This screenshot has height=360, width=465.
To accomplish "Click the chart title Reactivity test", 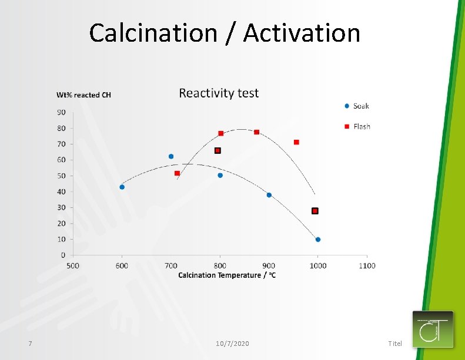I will click(219, 93).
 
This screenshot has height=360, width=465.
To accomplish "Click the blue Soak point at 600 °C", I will click(122, 187).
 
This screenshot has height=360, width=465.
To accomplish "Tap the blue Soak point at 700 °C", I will click(171, 156).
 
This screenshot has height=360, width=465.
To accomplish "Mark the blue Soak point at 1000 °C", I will click(318, 240).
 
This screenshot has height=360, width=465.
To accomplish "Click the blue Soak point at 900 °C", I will click(269, 195).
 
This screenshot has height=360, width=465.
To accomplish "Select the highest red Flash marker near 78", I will click(256, 132).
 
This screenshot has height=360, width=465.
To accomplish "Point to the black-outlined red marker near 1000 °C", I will click(315, 211).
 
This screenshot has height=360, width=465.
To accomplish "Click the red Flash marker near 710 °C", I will click(177, 173).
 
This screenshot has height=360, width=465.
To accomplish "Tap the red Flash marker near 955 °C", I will click(296, 142).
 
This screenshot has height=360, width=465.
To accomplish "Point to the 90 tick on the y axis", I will click(61, 112).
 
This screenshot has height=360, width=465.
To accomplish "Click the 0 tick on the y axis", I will click(63, 255).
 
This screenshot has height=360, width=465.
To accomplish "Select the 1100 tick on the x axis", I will click(367, 265).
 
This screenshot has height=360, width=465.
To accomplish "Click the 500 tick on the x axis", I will click(73, 265).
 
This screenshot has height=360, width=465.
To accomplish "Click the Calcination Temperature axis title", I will click(227, 275).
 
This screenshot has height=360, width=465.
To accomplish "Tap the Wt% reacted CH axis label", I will click(83, 95).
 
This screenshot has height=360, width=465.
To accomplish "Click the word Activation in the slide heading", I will click(302, 33).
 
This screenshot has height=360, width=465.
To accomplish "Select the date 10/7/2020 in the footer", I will click(232, 343).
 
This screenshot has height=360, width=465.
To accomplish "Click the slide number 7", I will click(29, 343).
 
